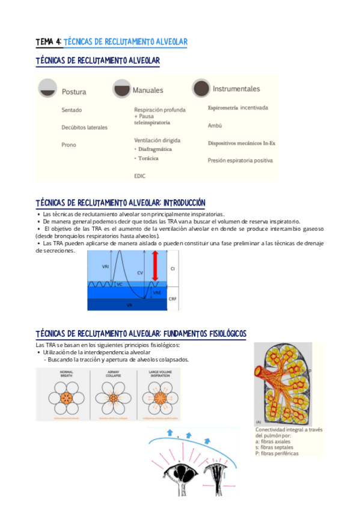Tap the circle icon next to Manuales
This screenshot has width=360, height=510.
[121, 89]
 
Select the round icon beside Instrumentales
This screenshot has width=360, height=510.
[201, 88]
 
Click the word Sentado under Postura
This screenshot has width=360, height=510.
[72, 111]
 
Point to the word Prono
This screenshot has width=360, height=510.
[69, 145]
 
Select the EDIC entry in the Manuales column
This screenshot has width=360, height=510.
[140, 176]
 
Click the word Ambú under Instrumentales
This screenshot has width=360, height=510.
[215, 126]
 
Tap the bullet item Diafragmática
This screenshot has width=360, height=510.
[154, 149]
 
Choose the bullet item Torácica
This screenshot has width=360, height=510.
[148, 158]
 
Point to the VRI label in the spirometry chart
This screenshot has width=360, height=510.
[106, 266]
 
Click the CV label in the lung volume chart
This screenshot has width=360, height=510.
[139, 272]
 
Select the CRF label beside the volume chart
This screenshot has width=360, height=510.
[172, 298]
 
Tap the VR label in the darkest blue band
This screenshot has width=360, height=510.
[129, 306]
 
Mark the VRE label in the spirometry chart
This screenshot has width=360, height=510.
[157, 292]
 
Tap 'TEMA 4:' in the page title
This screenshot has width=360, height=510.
[48, 42]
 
